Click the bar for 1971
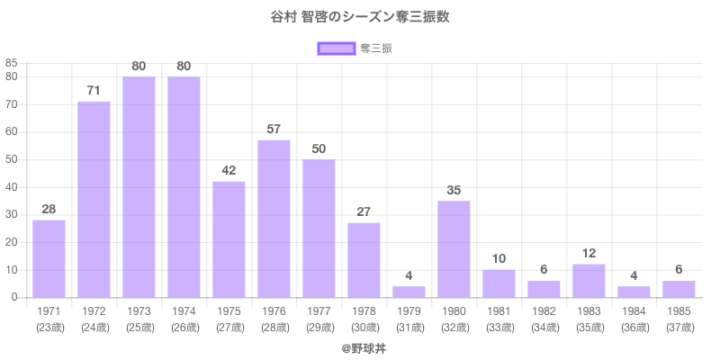(x=49, y=258)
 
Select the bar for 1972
(x=94, y=199)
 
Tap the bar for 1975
(x=229, y=239)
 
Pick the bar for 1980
(x=454, y=248)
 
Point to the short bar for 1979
(x=409, y=292)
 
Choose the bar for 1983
(x=589, y=281)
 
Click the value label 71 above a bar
(x=94, y=90)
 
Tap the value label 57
(x=274, y=129)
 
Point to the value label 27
(x=364, y=211)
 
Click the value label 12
(x=589, y=253)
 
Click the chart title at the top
(x=360, y=17)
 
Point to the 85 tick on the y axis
(x=12, y=63)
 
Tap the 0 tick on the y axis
(x=14, y=297)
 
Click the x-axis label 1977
(x=319, y=310)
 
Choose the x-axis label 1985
(x=679, y=310)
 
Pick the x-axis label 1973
(x=139, y=310)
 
